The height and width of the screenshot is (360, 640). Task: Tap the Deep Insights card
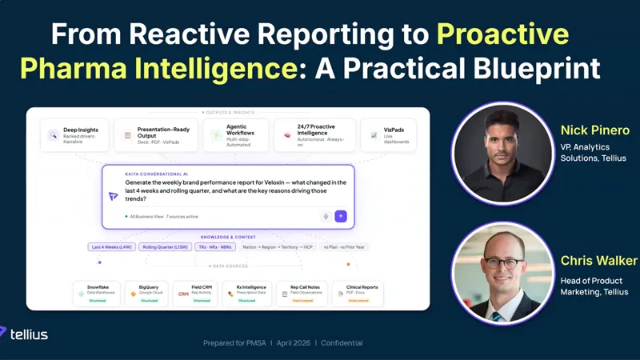[x=74, y=135]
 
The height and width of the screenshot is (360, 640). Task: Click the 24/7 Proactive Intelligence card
[x=314, y=135]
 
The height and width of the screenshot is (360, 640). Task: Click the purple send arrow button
[x=341, y=216]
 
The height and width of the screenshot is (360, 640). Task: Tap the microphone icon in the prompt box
[x=326, y=216]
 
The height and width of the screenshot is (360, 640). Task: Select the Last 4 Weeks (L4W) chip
[x=111, y=247]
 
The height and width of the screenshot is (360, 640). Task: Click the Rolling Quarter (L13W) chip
[x=165, y=247]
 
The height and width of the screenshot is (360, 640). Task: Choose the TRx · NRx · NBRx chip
[x=214, y=247]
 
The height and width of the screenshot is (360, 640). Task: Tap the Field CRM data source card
[x=198, y=294]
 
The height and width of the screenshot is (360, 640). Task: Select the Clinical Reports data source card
[x=358, y=294]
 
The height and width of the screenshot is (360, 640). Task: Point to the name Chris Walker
[x=598, y=261]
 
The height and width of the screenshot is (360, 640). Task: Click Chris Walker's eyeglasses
[x=502, y=262]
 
